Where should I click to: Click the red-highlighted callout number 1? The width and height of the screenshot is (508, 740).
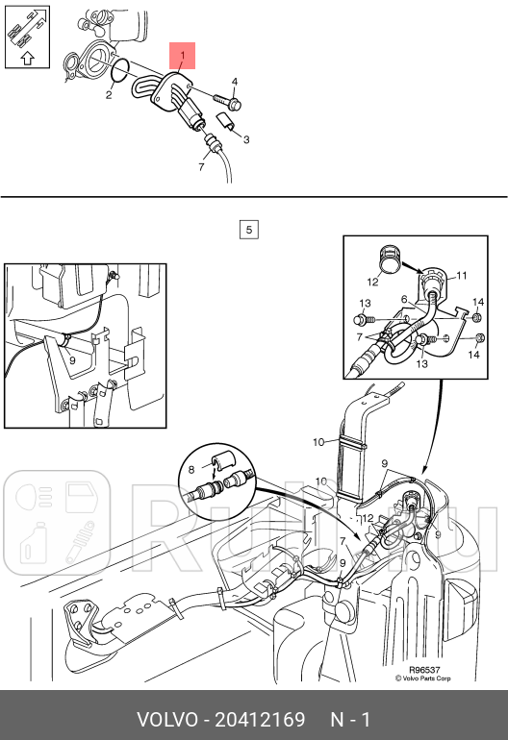tap(183, 56)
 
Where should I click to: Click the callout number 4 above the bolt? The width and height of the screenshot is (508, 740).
tap(235, 82)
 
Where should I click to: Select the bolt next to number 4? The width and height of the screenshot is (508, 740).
tap(228, 102)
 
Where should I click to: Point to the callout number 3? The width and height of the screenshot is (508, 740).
tap(246, 139)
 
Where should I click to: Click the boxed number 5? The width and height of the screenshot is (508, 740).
tap(249, 230)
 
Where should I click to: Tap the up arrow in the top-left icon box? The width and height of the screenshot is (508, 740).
tap(28, 58)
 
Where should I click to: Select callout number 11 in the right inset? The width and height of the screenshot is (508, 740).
tap(462, 275)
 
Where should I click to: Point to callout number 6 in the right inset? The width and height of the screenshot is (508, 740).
tap(404, 299)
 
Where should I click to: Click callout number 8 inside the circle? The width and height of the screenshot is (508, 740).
tap(190, 470)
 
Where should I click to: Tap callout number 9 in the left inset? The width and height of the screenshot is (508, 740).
tap(72, 360)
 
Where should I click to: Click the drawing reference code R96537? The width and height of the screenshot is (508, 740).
tap(424, 670)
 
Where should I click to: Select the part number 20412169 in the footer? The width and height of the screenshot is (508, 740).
tap(260, 720)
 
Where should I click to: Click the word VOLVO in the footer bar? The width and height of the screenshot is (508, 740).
tap(167, 720)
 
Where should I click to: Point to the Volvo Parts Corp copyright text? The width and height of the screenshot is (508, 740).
tap(423, 678)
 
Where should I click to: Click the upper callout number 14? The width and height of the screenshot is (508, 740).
tap(478, 302)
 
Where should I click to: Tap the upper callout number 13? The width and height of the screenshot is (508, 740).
tap(365, 303)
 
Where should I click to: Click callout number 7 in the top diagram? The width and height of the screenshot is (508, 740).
tap(201, 167)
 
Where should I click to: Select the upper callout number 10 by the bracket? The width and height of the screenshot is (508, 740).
tap(318, 442)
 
